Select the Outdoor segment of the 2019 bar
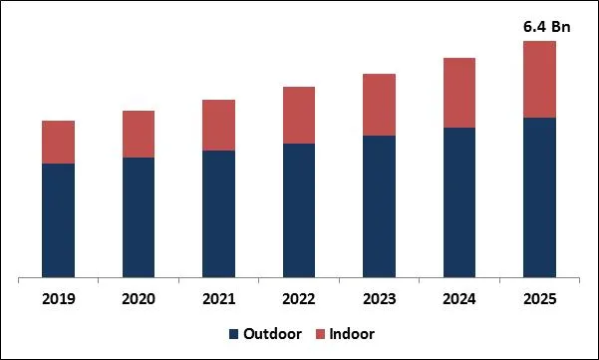pyautogui.click(x=58, y=219)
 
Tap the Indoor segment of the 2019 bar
pyautogui.click(x=58, y=142)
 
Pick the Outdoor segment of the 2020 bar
pyautogui.click(x=139, y=216)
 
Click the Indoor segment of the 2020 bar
pyautogui.click(x=139, y=134)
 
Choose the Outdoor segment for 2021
pyautogui.click(x=218, y=213)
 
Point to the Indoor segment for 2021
pyautogui.click(x=218, y=125)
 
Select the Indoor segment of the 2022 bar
pyautogui.click(x=299, y=115)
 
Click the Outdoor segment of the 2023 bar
pyautogui.click(x=379, y=205)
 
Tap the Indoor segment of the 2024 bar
pyautogui.click(x=459, y=93)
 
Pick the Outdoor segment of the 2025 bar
pyautogui.click(x=539, y=196)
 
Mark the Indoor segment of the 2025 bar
pyautogui.click(x=539, y=79)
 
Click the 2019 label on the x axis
pyautogui.click(x=58, y=298)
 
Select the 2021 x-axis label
pyautogui.click(x=218, y=298)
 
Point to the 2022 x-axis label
pyautogui.click(x=299, y=298)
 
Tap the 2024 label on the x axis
pyautogui.click(x=459, y=298)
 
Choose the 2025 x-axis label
pyautogui.click(x=539, y=298)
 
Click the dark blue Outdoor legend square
pyautogui.click(x=234, y=333)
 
